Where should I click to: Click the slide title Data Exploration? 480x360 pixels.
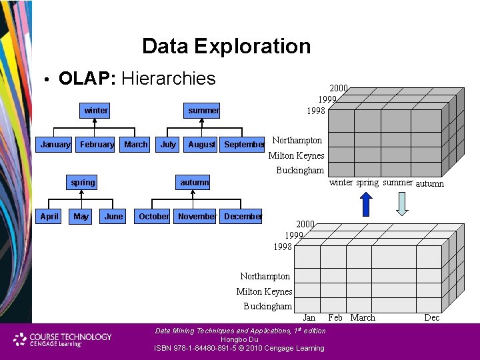226,46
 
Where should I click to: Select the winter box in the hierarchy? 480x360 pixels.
96,110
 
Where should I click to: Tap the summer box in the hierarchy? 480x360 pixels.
203,110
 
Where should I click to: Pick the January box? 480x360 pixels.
55,144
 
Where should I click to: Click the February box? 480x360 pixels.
97,144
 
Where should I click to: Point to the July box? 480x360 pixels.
168,144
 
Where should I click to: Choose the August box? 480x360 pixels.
201,144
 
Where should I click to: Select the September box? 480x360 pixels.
244,144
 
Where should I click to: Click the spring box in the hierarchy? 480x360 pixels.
83,182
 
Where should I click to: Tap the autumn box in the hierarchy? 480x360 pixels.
194,182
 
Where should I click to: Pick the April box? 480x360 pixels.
49,216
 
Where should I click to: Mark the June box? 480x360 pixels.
113,216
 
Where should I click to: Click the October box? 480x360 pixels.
153,216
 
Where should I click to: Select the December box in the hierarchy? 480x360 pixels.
243,216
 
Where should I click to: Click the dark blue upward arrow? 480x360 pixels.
366,204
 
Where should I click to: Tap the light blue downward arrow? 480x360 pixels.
401,204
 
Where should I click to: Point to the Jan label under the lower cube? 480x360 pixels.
309,317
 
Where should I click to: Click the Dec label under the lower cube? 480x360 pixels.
432,317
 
